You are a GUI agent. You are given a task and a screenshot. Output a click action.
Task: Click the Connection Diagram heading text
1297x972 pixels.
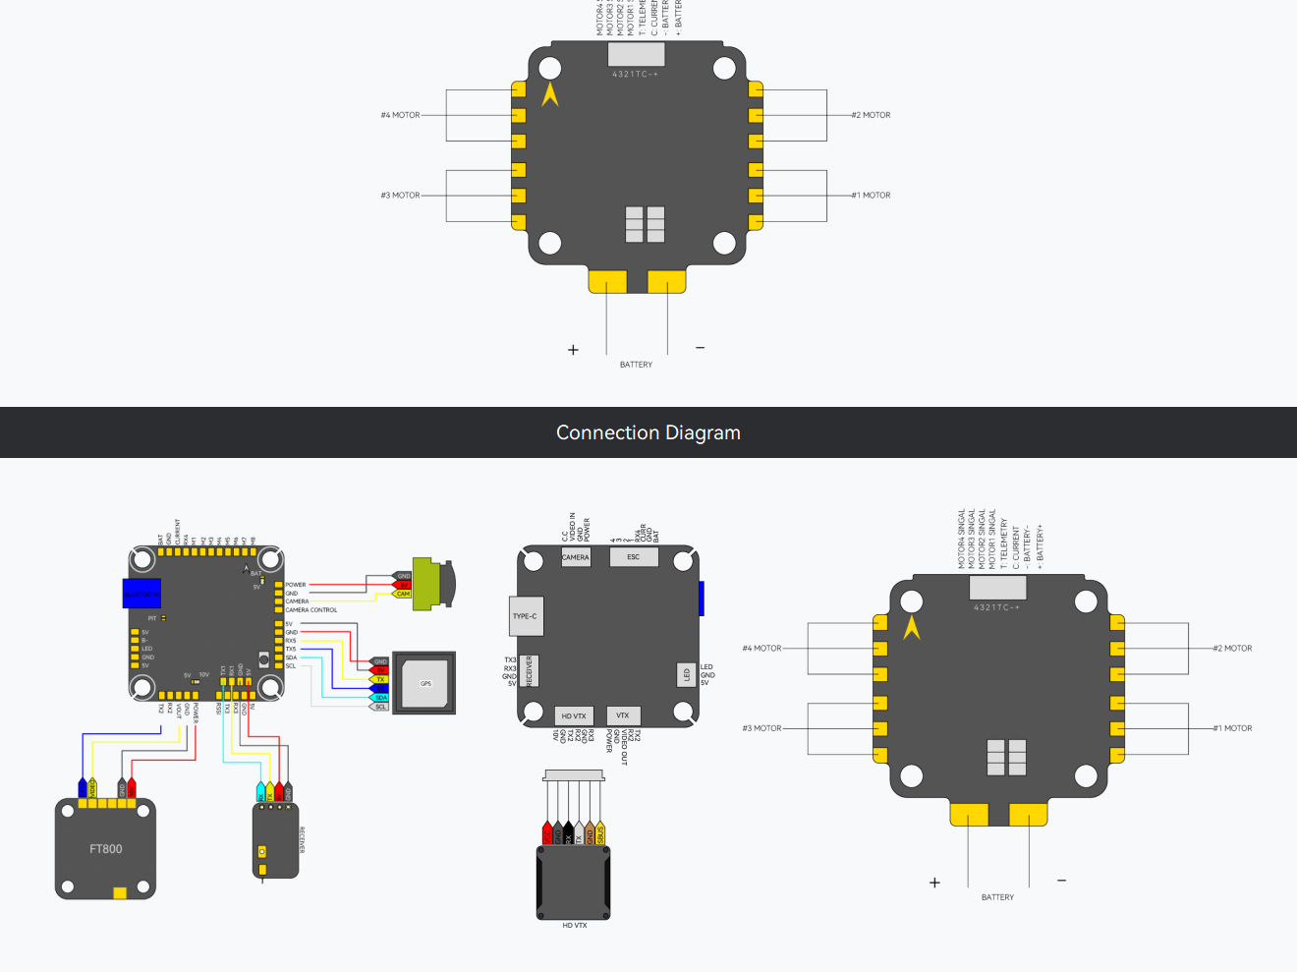tap(648, 433)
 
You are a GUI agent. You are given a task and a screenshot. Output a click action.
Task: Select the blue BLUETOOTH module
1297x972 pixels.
tap(141, 594)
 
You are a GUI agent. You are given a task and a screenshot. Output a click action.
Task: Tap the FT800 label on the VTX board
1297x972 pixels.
tap(106, 849)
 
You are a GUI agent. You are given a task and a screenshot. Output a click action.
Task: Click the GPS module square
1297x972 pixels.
tap(425, 683)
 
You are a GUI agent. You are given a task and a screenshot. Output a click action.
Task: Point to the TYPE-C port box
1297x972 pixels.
tap(526, 616)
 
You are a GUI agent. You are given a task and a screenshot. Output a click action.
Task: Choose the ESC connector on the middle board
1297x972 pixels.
tap(634, 557)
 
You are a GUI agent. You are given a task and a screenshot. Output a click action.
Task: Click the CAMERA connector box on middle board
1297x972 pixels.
tap(576, 557)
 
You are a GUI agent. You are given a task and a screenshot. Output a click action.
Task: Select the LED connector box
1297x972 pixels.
tap(687, 675)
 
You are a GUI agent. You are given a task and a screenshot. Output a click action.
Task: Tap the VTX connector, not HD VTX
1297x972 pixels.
tap(623, 715)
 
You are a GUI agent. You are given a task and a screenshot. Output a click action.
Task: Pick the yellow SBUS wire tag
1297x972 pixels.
tap(600, 834)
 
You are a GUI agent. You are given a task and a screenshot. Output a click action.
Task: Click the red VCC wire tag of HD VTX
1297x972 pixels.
tap(547, 834)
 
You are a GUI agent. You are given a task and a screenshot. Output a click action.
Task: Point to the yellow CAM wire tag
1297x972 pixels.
tap(403, 594)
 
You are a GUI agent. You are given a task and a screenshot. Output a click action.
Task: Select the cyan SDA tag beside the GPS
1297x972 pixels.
tap(380, 697)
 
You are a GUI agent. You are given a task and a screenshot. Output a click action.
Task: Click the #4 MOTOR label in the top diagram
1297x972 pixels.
tap(401, 115)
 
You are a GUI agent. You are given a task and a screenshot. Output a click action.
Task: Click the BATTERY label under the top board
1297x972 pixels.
tap(636, 365)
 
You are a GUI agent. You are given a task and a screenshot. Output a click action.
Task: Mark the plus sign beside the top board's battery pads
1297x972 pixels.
tap(574, 350)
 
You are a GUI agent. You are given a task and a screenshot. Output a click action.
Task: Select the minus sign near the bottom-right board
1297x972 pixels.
tap(1061, 881)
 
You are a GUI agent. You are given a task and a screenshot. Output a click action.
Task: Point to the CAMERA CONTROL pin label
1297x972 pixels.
tap(311, 610)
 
